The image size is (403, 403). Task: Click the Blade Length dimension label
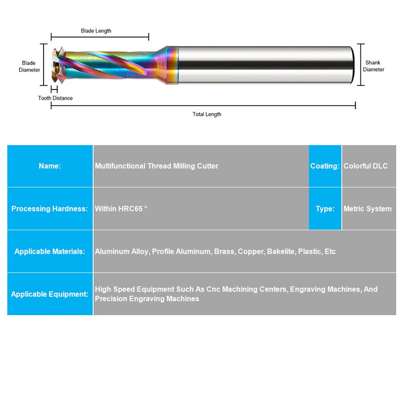[x=96, y=31]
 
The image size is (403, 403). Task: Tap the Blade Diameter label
[x=30, y=66]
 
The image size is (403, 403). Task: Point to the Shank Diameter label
[x=373, y=66]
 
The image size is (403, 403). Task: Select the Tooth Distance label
[x=55, y=98]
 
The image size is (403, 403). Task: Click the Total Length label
[x=207, y=114]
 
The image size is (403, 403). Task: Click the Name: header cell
[x=50, y=166]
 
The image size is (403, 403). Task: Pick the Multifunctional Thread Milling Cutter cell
[x=157, y=166]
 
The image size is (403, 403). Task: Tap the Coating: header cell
[x=325, y=166]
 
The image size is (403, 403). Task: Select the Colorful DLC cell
[x=365, y=166]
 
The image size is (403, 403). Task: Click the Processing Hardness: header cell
[x=50, y=209]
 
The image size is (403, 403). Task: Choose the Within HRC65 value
[x=121, y=209]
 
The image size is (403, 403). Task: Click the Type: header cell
[x=325, y=209]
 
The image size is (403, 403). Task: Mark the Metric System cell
[x=368, y=209]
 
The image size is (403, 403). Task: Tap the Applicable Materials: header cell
[x=50, y=251]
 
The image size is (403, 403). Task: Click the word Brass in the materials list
[x=224, y=251]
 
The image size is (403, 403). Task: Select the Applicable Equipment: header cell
[x=50, y=294]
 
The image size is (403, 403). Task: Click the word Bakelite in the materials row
[x=279, y=251]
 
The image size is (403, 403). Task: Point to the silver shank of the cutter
[x=263, y=65]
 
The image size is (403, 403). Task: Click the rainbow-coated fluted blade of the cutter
[x=112, y=66]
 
